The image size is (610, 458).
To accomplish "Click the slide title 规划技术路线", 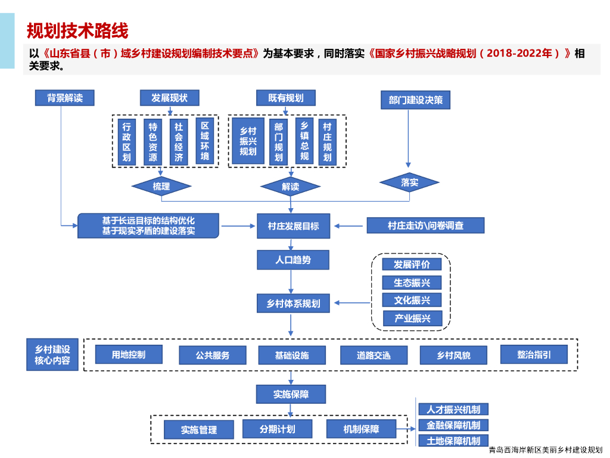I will point(77,30).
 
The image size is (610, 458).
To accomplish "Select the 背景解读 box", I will point(65,98).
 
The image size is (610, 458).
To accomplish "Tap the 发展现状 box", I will point(170,98).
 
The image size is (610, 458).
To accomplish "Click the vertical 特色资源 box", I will point(153,142).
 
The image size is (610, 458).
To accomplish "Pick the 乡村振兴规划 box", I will point(248,141).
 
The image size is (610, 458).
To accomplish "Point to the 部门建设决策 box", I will point(415,100).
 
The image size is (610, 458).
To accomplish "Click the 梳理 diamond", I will point(161,186).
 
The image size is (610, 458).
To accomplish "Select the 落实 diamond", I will point(409,182).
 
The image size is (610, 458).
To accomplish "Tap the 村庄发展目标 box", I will point(293,226).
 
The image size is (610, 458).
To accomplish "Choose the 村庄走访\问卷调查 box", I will point(425,225).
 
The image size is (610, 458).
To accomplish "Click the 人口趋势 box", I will point(292,260).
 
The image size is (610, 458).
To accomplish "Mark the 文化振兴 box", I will point(412,300).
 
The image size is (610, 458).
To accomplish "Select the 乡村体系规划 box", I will point(292,304).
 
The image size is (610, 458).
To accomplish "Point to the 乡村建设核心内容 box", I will point(52,355).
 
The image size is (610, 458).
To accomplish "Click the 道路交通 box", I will point(374,355).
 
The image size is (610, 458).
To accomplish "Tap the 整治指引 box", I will point(534,354).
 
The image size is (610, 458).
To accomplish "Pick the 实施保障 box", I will point(291,394).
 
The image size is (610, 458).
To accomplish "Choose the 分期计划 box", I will point(277,429).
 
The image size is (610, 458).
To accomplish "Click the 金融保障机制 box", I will point(453,425).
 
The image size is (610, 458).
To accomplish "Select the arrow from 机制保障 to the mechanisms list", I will point(406,428).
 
